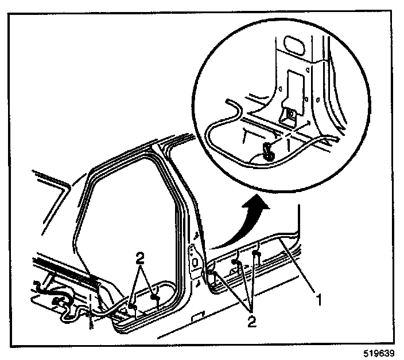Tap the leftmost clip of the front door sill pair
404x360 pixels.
[x=133, y=307]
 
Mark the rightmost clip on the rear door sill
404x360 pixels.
[x=256, y=252]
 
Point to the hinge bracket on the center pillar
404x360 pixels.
[x=195, y=261]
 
